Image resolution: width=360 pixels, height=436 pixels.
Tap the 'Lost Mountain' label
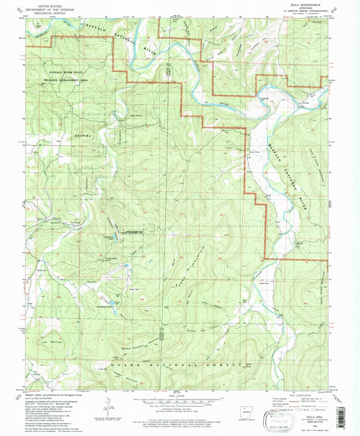coord(52,342)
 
